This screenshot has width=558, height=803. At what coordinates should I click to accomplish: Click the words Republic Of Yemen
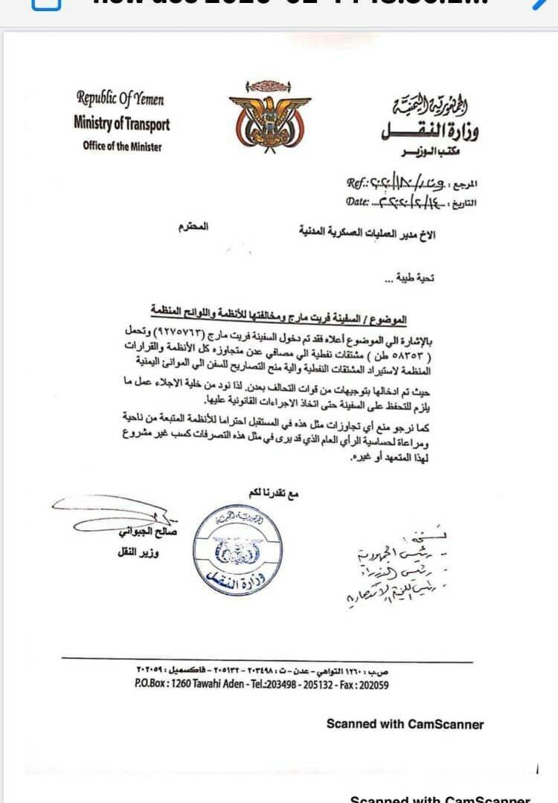[x=121, y=98]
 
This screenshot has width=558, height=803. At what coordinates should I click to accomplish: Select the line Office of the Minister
[x=122, y=146]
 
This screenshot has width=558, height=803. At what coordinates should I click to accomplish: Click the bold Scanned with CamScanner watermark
[x=405, y=723]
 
